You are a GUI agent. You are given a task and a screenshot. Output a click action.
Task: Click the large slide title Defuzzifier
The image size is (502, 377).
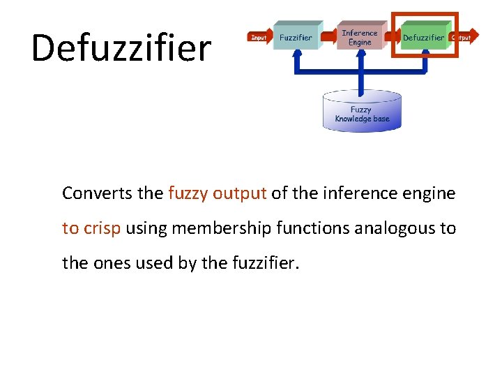121,47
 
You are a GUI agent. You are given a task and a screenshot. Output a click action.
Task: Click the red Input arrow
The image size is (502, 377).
259,37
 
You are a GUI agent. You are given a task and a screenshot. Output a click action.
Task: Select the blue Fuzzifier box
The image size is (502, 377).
296,36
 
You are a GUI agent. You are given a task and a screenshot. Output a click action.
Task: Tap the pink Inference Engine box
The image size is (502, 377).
360,37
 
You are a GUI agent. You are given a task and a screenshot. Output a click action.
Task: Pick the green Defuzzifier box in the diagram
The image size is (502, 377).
423,37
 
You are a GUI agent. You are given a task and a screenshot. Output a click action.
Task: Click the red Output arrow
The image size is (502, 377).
461,37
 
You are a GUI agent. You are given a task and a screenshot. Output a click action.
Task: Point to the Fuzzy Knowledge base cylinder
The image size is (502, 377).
362,112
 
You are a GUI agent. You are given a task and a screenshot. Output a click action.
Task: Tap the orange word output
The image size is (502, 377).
239,193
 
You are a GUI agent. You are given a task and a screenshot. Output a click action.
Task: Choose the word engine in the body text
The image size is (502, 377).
427,193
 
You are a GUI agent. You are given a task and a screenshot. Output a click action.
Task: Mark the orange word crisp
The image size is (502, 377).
103,228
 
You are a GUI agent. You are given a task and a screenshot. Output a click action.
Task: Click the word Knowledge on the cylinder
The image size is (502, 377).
353,119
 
